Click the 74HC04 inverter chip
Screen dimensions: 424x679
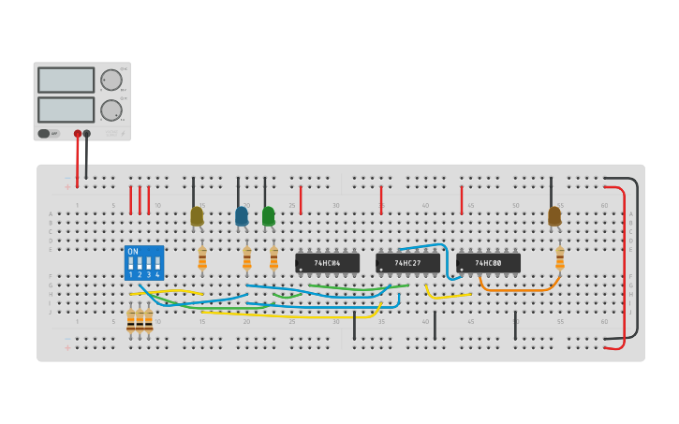pyautogui.click(x=327, y=263)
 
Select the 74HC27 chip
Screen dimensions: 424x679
pyautogui.click(x=407, y=263)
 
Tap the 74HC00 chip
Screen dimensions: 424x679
pyautogui.click(x=488, y=263)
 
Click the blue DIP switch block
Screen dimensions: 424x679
pyautogui.click(x=144, y=263)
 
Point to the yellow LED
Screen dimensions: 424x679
pyautogui.click(x=197, y=216)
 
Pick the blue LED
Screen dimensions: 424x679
pyautogui.click(x=242, y=216)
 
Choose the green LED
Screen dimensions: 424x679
pyautogui.click(x=269, y=216)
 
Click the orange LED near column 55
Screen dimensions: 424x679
pyautogui.click(x=554, y=216)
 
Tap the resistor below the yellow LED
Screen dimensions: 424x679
pyautogui.click(x=202, y=257)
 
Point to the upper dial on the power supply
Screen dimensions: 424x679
pyautogui.click(x=111, y=80)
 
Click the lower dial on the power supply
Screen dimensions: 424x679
pyautogui.click(x=111, y=110)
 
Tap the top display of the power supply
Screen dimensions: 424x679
pyautogui.click(x=66, y=80)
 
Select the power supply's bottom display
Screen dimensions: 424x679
pyautogui.click(x=66, y=110)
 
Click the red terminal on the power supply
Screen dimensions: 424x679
pyautogui.click(x=78, y=134)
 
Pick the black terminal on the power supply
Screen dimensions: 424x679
pyautogui.click(x=87, y=134)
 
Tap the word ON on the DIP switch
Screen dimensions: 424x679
pyautogui.click(x=133, y=252)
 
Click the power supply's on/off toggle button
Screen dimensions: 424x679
pyautogui.click(x=44, y=134)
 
